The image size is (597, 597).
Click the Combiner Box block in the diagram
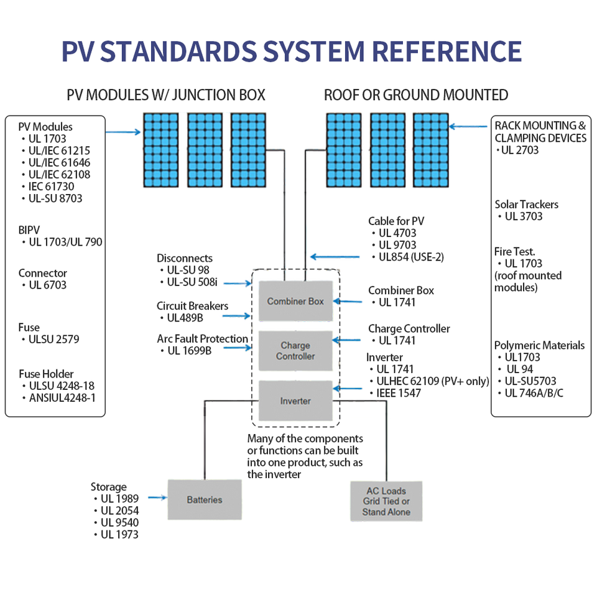coord(295,301)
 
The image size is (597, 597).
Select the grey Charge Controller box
coord(295,351)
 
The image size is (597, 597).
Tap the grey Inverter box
coord(295,401)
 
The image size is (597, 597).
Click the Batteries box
coord(204,499)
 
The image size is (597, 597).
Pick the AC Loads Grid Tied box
coord(386,501)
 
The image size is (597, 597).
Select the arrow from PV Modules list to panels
coord(123,132)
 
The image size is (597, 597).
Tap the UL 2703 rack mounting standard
coord(520,150)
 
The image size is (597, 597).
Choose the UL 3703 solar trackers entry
coord(523,216)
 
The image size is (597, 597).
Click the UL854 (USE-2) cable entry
coord(411,257)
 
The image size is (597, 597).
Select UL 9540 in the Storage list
coord(119,522)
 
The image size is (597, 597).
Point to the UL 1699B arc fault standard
coord(190,351)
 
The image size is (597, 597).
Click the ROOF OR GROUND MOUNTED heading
coord(416,95)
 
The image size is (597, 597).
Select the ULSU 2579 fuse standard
coord(53,340)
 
